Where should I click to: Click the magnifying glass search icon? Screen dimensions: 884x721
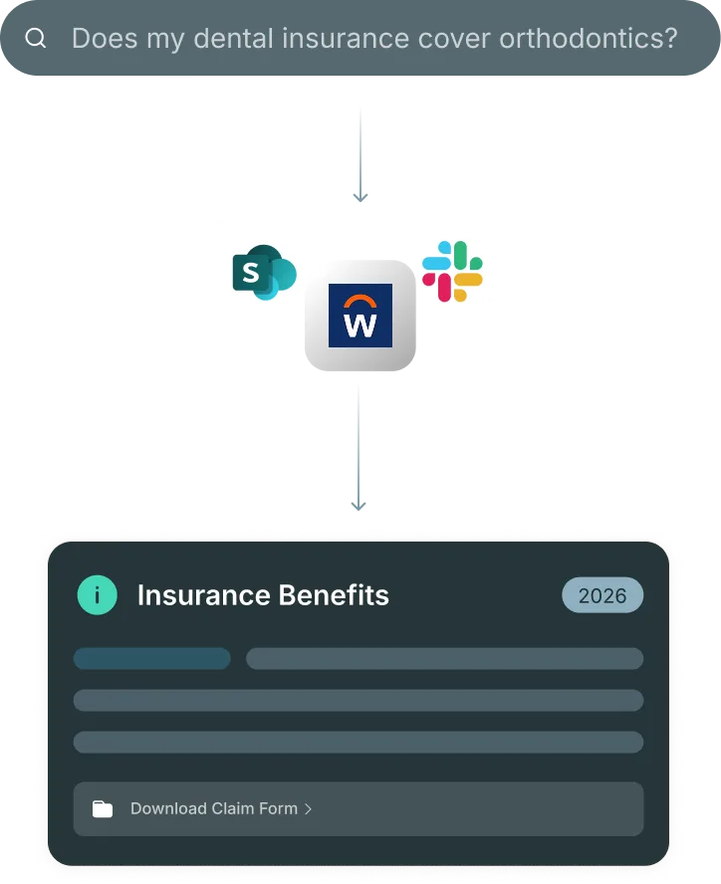pyautogui.click(x=36, y=39)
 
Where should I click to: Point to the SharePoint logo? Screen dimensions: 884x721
pyautogui.click(x=265, y=272)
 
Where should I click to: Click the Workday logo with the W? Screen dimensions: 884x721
pyautogui.click(x=360, y=316)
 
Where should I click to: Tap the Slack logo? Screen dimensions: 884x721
pyautogui.click(x=453, y=272)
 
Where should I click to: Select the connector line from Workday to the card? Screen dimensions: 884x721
pyautogui.click(x=359, y=448)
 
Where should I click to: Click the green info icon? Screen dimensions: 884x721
pyautogui.click(x=97, y=595)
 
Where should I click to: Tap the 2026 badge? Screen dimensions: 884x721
pyautogui.click(x=602, y=595)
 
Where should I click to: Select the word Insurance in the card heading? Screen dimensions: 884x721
pyautogui.click(x=200, y=595)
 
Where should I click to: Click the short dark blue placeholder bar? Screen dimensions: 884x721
pyautogui.click(x=152, y=658)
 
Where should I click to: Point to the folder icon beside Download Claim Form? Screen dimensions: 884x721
pyautogui.click(x=103, y=808)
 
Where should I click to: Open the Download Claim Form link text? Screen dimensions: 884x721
pyautogui.click(x=214, y=808)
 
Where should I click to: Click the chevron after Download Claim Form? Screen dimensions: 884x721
pyautogui.click(x=309, y=808)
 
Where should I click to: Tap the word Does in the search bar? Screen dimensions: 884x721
pyautogui.click(x=103, y=39)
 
